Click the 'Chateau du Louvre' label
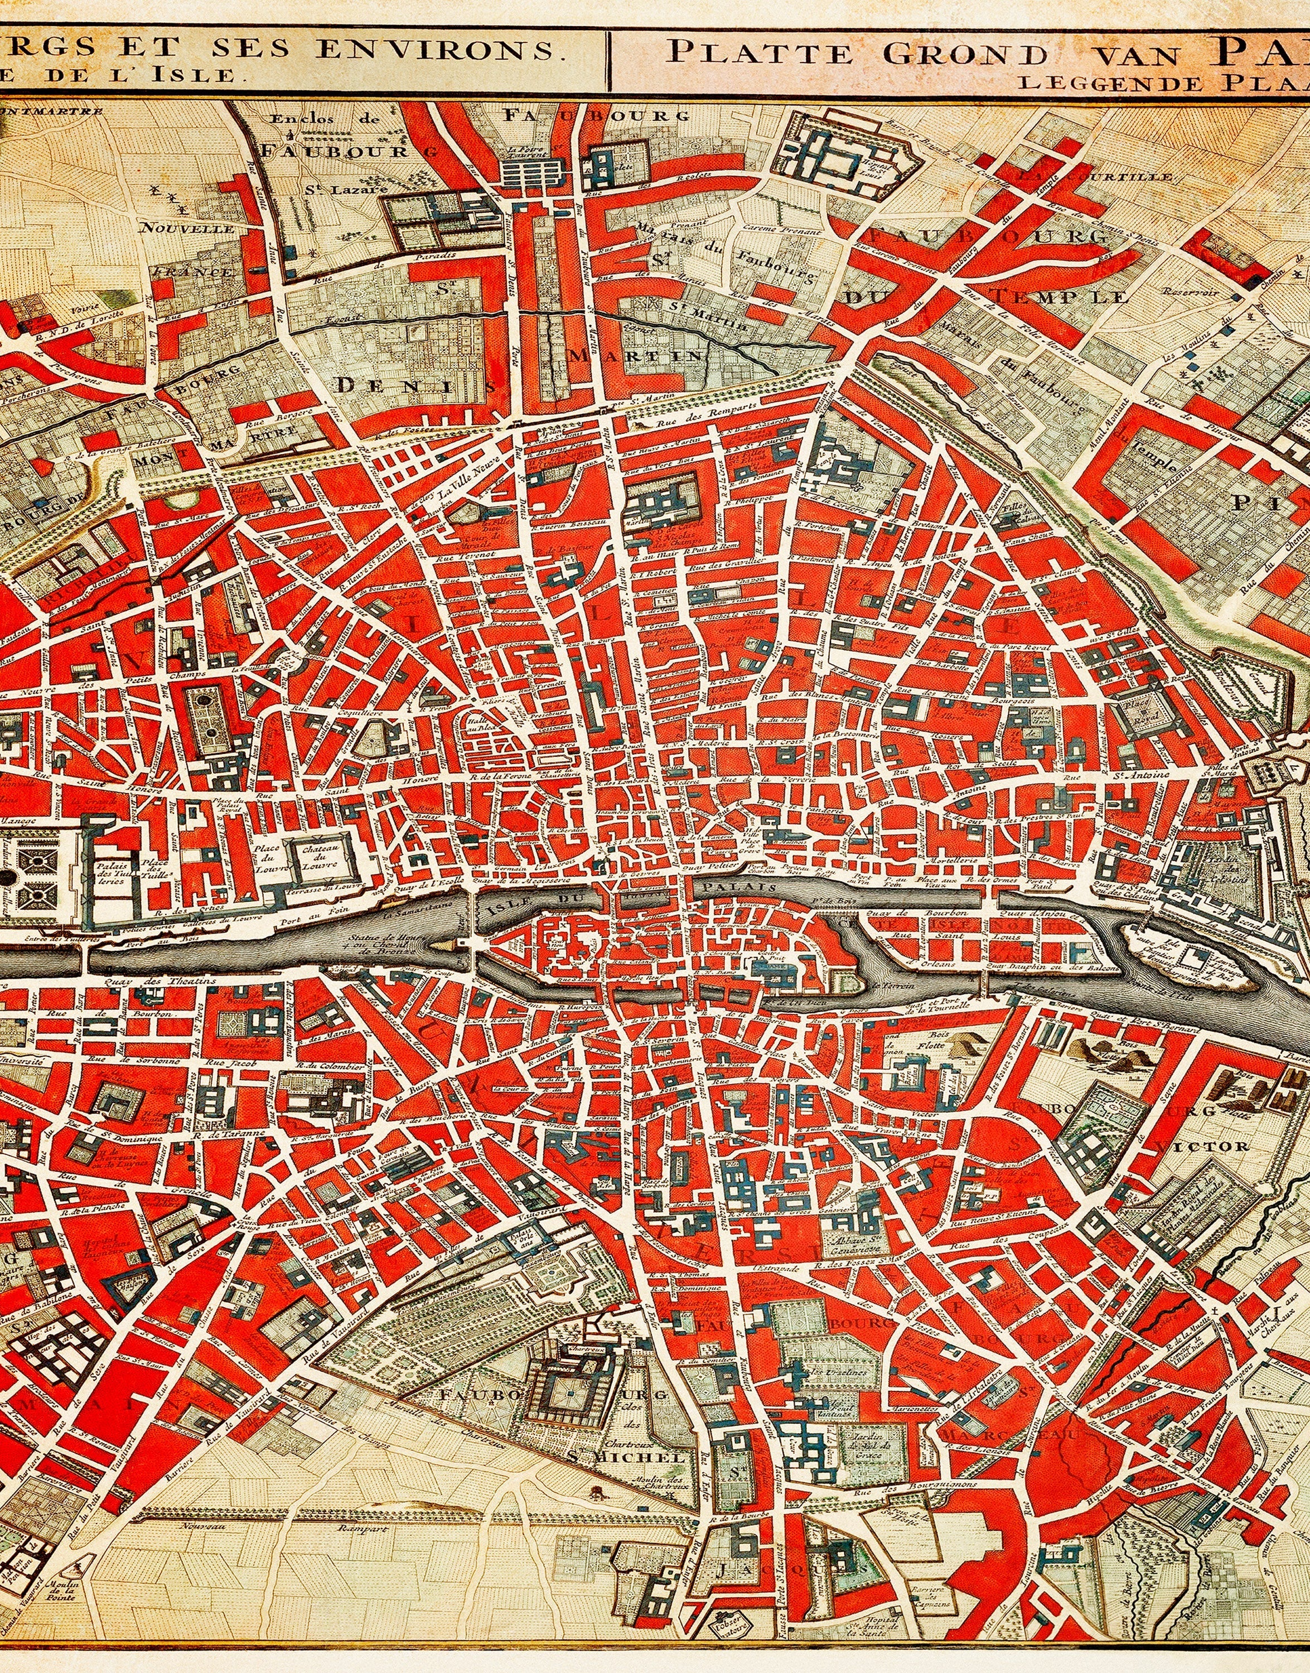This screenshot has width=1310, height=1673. (x=316, y=858)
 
